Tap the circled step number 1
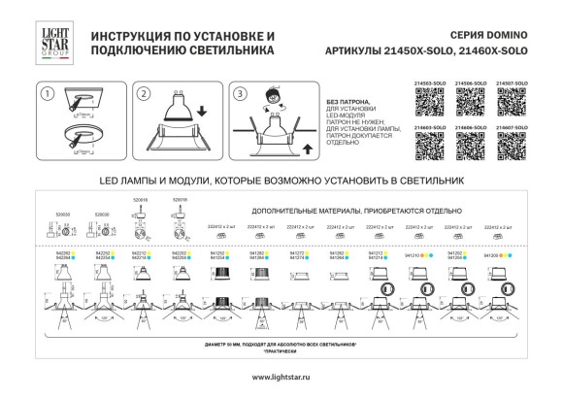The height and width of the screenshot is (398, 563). point(45,94)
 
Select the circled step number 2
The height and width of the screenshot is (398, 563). point(143,94)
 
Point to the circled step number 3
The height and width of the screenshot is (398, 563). point(241,94)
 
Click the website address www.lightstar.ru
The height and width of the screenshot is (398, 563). point(281,377)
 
